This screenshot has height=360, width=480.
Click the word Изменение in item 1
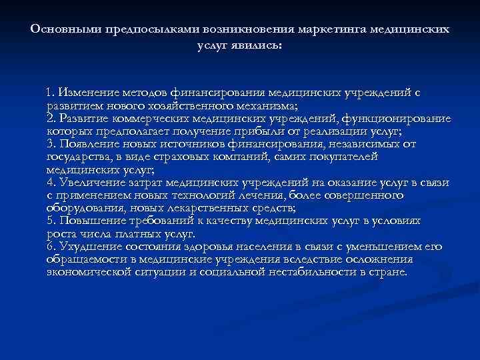click(89, 94)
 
